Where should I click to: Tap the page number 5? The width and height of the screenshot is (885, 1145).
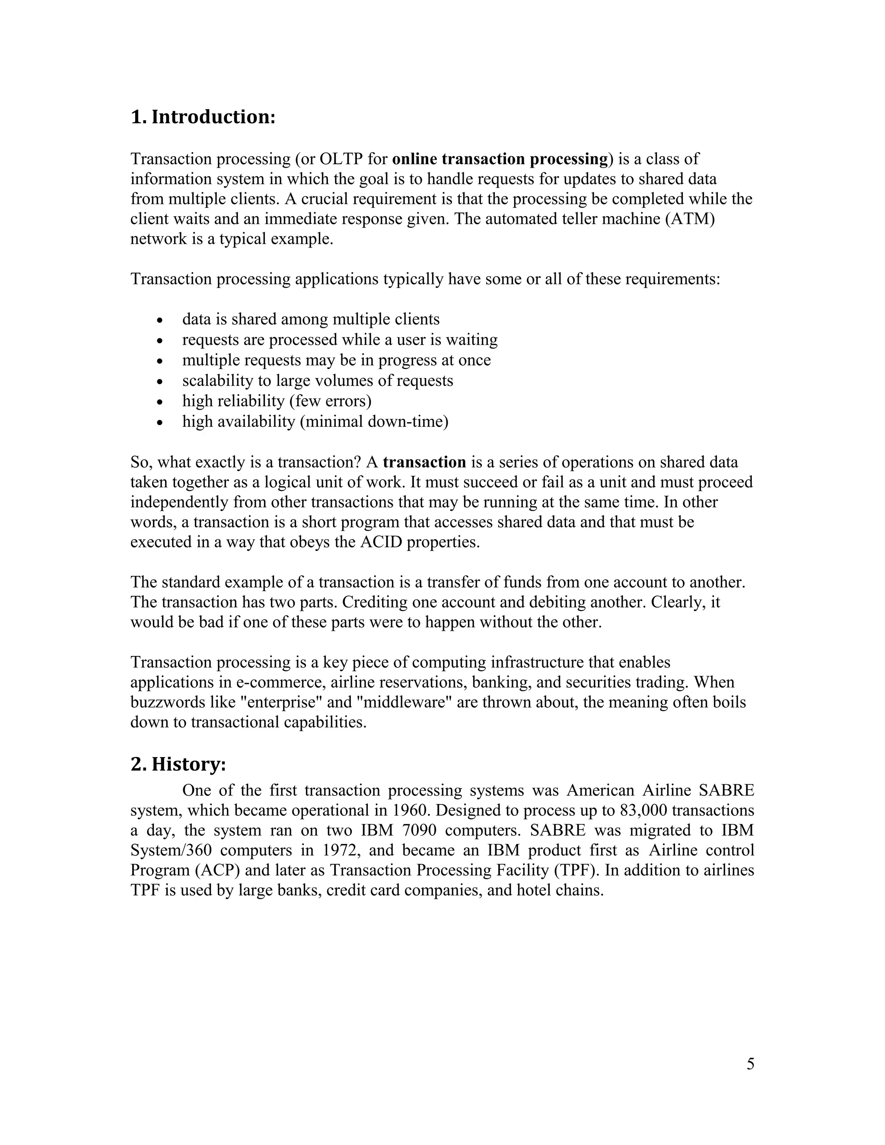pyautogui.click(x=750, y=1064)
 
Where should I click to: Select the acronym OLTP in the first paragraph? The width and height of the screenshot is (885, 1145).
pyautogui.click(x=341, y=159)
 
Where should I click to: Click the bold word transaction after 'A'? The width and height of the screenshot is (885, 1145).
pyautogui.click(x=424, y=462)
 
